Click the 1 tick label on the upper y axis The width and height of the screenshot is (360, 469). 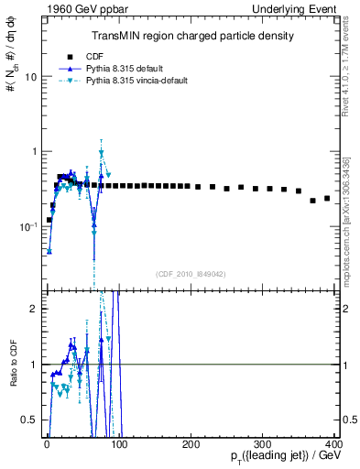tap(33, 151)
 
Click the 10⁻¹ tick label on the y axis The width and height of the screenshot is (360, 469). tap(28, 225)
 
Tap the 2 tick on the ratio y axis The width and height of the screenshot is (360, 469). tap(33, 309)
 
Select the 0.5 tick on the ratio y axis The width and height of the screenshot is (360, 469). tap(28, 420)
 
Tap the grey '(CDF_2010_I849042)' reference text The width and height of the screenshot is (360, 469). tap(191, 272)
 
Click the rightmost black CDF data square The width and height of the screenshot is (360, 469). tap(327, 198)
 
